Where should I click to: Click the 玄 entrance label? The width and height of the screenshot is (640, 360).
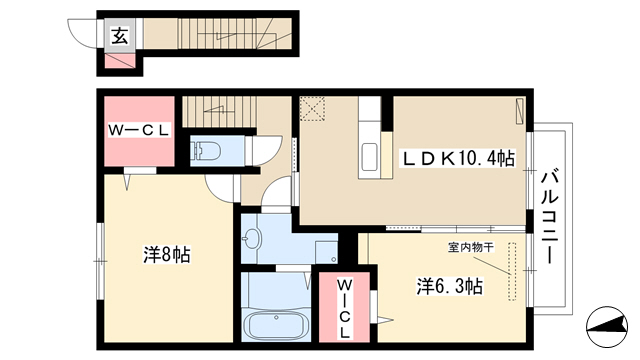[x=120, y=36]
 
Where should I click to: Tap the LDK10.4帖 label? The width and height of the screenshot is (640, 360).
[x=459, y=158]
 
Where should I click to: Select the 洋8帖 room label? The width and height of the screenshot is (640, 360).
[x=167, y=255]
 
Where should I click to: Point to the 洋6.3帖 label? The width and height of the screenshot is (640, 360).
[x=449, y=286]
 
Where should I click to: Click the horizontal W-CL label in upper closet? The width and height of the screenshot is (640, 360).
[x=139, y=131]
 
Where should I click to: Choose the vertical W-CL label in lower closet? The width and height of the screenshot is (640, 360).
[x=344, y=309]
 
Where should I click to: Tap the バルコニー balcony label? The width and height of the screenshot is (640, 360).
[x=549, y=217]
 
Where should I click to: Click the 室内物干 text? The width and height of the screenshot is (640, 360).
[x=471, y=247]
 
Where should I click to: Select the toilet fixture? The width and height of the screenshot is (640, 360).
[x=206, y=151]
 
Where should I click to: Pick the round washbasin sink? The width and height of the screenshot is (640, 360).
[x=252, y=238]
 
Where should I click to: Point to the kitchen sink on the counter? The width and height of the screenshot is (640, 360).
[x=370, y=158]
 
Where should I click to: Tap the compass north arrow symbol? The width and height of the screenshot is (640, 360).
[x=607, y=326]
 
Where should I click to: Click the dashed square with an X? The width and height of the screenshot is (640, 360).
[x=312, y=108]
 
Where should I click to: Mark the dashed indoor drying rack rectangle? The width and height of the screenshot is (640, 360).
[x=512, y=272]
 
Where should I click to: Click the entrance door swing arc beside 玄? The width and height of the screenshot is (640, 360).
[x=82, y=33]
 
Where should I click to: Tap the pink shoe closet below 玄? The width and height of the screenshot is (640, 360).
[x=120, y=60]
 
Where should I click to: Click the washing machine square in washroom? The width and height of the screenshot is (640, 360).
[x=326, y=253]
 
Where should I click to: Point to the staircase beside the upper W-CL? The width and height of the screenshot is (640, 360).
[x=219, y=111]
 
